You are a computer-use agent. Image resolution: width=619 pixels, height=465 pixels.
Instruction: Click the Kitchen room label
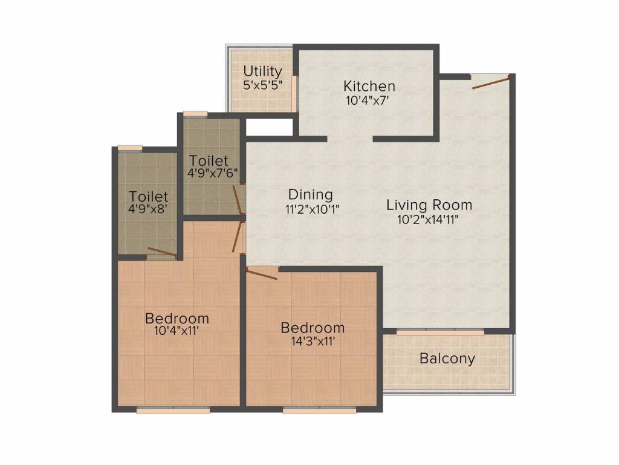click(369, 86)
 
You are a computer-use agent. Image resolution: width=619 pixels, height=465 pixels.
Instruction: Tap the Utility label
click(262, 71)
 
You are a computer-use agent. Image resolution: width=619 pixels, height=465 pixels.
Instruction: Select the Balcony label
click(447, 358)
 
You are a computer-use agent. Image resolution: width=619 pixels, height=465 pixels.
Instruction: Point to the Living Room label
click(429, 205)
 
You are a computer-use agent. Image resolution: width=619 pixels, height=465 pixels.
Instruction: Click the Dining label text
click(311, 194)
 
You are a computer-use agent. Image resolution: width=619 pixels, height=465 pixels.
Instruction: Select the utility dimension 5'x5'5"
click(262, 85)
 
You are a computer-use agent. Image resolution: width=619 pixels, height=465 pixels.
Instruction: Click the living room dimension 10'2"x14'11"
click(428, 220)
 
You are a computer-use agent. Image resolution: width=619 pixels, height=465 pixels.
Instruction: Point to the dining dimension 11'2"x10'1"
click(313, 209)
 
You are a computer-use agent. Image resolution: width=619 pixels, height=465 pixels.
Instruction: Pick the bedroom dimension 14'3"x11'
click(314, 341)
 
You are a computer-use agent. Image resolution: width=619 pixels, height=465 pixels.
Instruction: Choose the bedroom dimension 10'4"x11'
click(176, 331)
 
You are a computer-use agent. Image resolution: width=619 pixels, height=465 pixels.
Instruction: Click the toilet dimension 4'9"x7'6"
click(212, 173)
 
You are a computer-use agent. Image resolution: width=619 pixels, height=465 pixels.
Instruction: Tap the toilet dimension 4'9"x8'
click(149, 209)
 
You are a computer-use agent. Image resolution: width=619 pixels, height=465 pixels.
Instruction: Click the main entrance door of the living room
click(491, 82)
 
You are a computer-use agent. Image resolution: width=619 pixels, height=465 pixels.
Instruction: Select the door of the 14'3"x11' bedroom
click(261, 274)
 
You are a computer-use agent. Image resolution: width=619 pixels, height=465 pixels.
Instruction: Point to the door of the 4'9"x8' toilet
click(162, 252)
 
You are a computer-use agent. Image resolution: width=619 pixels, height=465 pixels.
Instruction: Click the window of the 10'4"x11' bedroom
click(173, 411)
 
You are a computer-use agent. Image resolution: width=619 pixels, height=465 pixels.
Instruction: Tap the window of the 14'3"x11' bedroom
click(320, 411)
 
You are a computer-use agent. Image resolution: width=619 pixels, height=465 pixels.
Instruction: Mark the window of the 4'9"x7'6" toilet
click(195, 114)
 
